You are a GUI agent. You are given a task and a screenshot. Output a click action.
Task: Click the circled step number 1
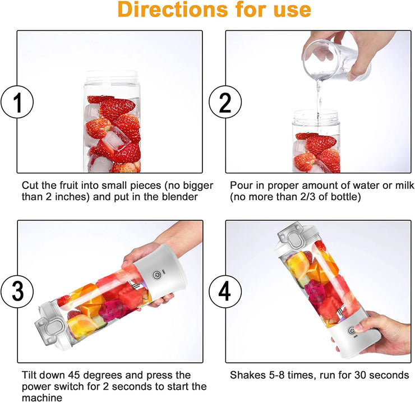(x=17, y=103)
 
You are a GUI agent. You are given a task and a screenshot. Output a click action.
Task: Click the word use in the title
(x=290, y=10)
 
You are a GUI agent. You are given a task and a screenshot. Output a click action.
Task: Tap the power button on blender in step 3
(x=158, y=275)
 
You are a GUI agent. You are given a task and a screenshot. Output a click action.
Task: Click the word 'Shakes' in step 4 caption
(x=246, y=375)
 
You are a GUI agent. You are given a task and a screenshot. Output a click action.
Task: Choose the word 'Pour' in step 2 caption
(x=241, y=185)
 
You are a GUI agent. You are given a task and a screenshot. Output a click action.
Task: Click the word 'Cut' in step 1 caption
(x=30, y=185)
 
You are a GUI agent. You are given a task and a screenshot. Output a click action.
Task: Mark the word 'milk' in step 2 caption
(x=403, y=185)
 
